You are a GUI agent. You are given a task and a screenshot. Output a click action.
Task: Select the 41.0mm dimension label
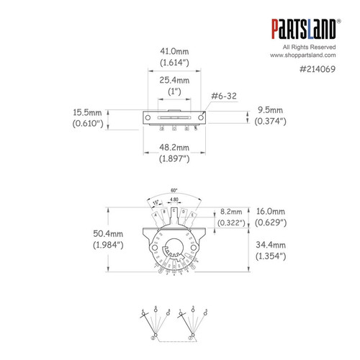(x=175, y=52)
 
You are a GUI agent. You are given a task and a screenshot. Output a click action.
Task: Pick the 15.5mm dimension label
(x=88, y=113)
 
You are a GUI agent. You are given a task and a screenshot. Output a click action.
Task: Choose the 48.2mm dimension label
(x=174, y=147)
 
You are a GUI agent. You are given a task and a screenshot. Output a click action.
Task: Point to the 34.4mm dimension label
(x=273, y=246)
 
